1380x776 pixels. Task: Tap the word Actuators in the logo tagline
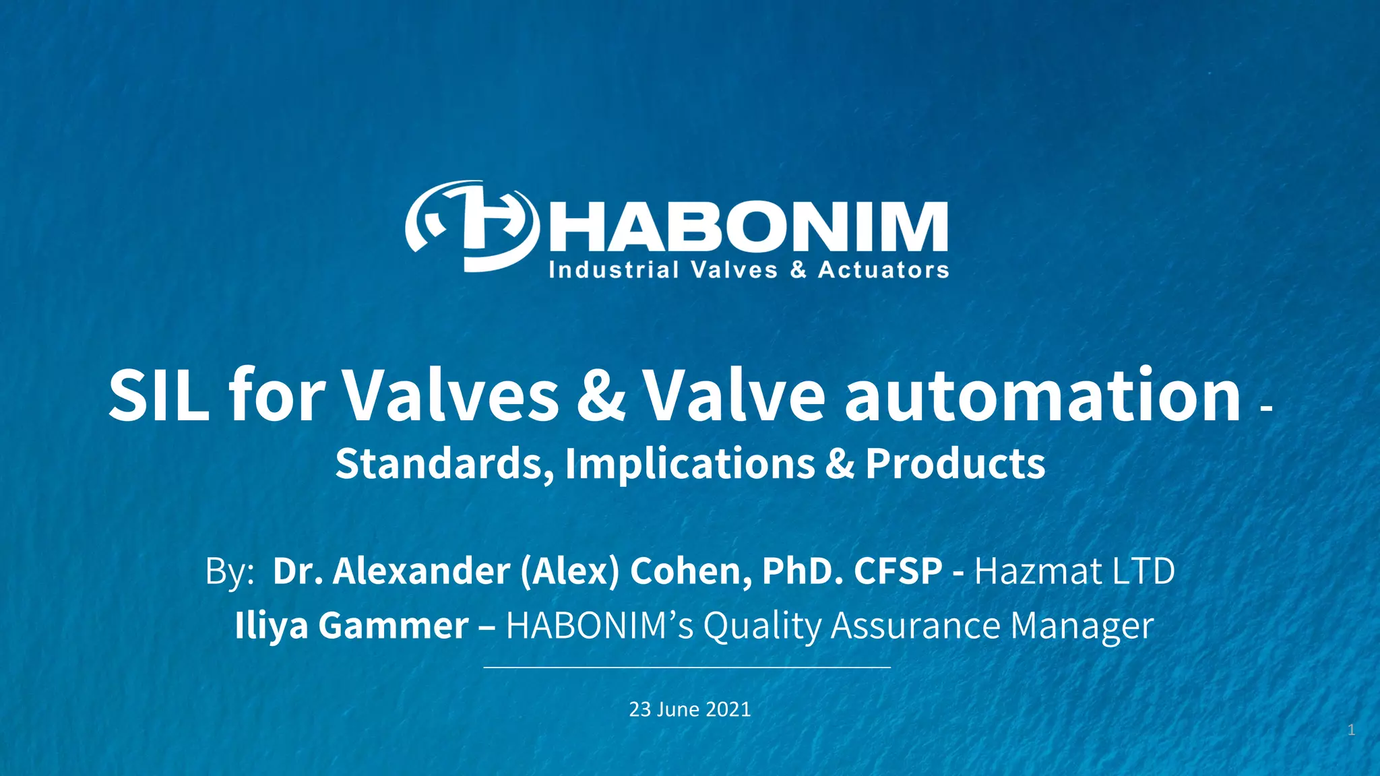tap(883, 270)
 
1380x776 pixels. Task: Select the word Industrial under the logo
tap(614, 270)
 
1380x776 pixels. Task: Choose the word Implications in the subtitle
tap(690, 464)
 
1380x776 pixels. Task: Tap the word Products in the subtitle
tap(955, 464)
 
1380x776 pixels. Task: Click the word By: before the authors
tap(230, 571)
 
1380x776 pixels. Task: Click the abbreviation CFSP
tap(898, 571)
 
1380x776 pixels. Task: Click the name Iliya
tap(272, 626)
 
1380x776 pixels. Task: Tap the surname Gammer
tap(394, 626)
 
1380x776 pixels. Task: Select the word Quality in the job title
tap(762, 626)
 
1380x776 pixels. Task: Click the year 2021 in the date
tap(729, 709)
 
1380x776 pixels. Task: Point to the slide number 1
tap(1351, 730)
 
